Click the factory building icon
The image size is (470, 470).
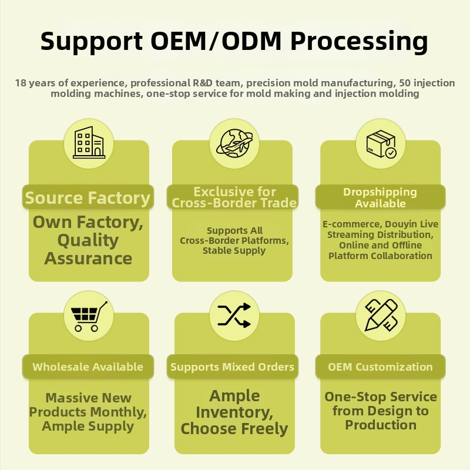[x=89, y=143]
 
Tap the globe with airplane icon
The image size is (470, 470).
[x=234, y=143]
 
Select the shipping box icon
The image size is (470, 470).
[x=381, y=144]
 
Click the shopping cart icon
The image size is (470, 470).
[x=89, y=316]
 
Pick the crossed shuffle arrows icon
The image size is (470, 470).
[x=234, y=315]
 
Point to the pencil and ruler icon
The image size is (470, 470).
[x=381, y=315]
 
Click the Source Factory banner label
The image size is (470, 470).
[x=88, y=197]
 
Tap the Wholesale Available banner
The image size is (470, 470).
[x=88, y=367]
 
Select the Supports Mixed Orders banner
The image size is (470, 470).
[x=232, y=367]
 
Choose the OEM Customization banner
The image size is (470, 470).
[x=380, y=367]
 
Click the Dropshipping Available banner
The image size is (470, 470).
[x=380, y=197]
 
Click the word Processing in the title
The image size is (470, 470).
[x=360, y=42]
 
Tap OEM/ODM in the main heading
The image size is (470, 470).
[x=216, y=41]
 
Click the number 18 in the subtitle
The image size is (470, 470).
[x=21, y=83]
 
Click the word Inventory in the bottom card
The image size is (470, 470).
[x=234, y=412]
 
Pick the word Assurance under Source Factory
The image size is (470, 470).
[x=88, y=258]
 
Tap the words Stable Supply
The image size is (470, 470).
[x=234, y=251]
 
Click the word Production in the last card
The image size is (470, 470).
[x=381, y=425]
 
